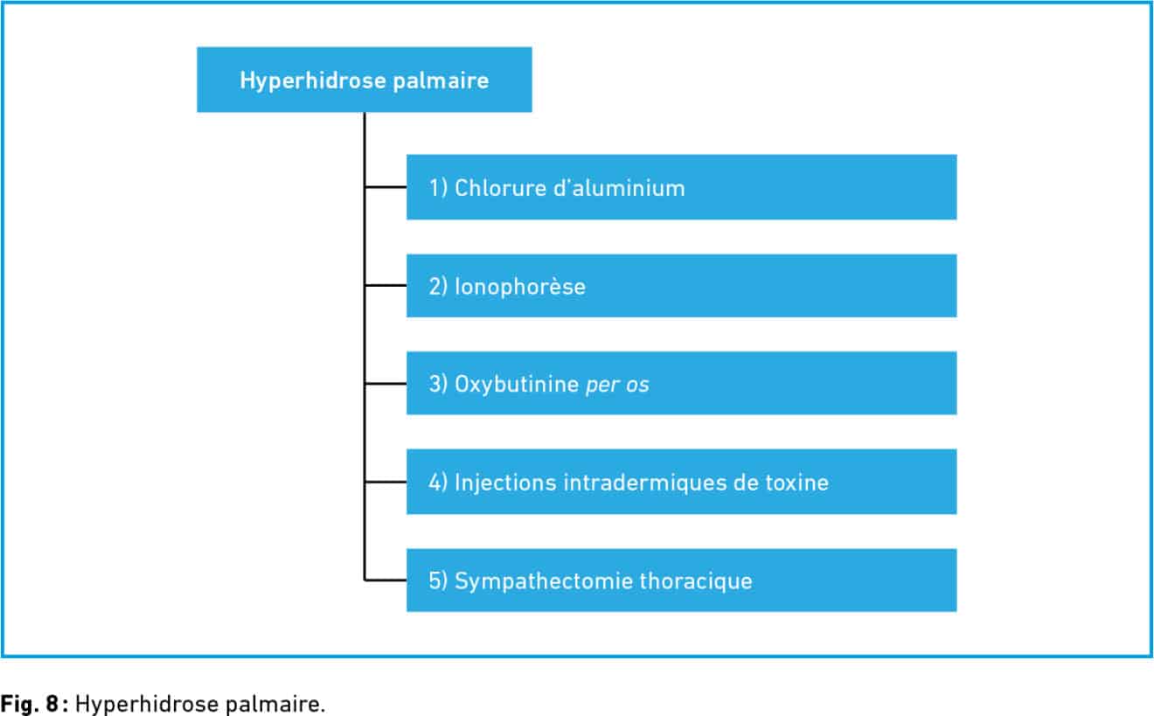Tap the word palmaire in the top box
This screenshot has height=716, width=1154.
coord(441,82)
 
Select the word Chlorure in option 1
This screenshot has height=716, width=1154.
coord(497,188)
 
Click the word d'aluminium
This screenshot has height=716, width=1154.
coord(619,188)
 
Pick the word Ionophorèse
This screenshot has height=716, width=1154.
coord(520,287)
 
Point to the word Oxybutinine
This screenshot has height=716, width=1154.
coord(517,385)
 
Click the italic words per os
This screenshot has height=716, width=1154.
coord(617,386)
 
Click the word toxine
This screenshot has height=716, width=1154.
coord(797,483)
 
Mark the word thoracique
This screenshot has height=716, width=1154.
coord(696,582)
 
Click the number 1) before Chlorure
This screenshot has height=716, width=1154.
coord(438,188)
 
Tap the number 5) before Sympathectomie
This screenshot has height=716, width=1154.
coord(438,581)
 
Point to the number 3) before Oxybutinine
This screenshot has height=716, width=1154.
coord(438,385)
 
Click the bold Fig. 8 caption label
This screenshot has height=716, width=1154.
coord(30,705)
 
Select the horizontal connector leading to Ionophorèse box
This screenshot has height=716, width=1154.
coord(386,285)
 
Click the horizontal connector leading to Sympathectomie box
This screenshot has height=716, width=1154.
coord(386,580)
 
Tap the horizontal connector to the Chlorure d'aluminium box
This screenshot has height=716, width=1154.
coord(386,187)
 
